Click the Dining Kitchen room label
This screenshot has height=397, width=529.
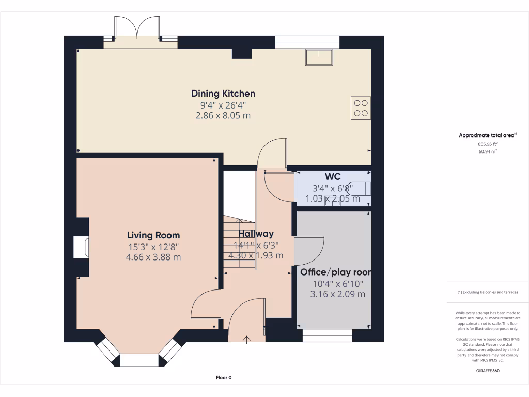pos(223,94)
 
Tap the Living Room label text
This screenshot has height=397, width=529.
pos(153,235)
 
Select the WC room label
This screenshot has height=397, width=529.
pos(333,177)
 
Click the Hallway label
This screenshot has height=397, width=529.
pos(256,234)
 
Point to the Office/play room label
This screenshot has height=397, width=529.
pos(336,272)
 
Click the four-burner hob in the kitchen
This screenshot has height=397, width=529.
pos(361,108)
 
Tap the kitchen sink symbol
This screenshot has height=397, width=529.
pos(319,57)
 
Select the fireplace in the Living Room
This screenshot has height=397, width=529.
pos(81,248)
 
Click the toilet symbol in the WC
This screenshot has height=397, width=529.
pos(360,189)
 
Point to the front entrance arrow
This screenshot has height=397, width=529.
pos(246,340)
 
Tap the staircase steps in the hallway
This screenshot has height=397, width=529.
pos(239,242)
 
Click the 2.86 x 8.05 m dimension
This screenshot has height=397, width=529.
pos(223,115)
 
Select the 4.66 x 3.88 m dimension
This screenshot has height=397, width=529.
pos(153,257)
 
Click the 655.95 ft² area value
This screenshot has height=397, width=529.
pos(488,144)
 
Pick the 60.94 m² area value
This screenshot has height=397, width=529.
pos(488,151)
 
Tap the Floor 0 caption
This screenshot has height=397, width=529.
pos(224,378)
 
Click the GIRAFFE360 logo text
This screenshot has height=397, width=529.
pos(488,371)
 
